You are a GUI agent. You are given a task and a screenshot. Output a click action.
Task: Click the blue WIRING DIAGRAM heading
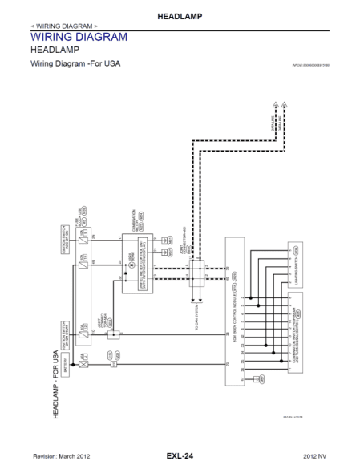point(79,37)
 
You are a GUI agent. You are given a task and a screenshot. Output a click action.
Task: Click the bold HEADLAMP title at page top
point(180,15)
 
